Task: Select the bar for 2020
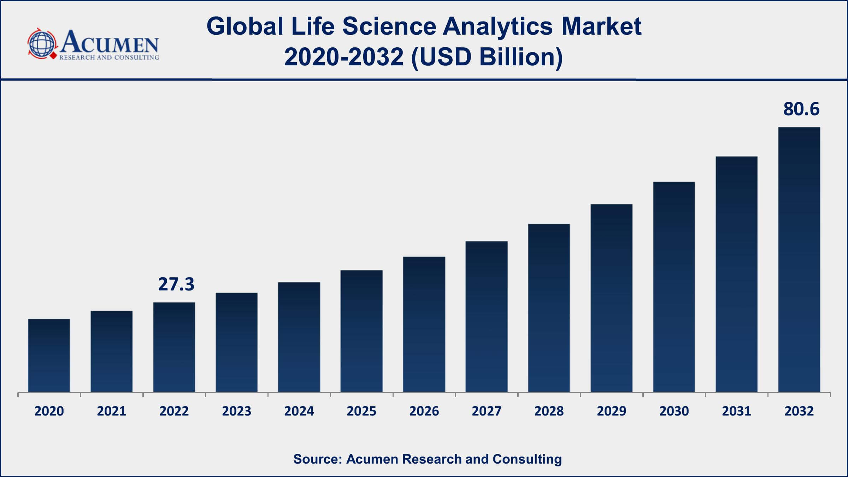(x=49, y=355)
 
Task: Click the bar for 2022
(x=174, y=347)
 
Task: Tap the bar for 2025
(x=361, y=331)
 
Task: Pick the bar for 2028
(x=549, y=308)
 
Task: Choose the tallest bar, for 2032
(x=799, y=259)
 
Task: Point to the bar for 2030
(x=674, y=287)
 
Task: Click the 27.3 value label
(x=176, y=284)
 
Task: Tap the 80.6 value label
(x=801, y=109)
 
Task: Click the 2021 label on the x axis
(x=112, y=411)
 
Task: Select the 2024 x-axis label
(x=299, y=411)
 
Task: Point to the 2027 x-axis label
(x=487, y=411)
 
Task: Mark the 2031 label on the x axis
(x=736, y=411)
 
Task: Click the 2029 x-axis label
(x=612, y=411)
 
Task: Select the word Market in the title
(x=601, y=26)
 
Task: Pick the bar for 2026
(x=424, y=324)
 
